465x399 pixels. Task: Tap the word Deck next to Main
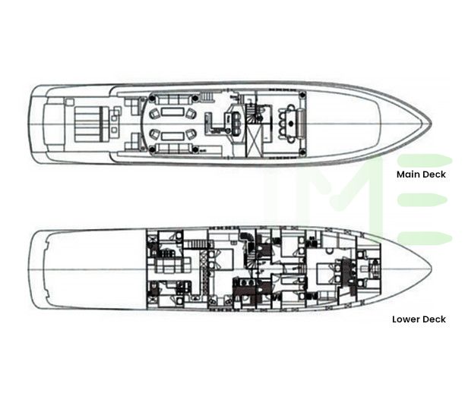coord(435,174)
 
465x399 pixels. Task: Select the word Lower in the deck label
coord(406,319)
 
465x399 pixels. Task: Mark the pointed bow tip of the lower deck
coord(431,269)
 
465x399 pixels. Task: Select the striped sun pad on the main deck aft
coord(91,123)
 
